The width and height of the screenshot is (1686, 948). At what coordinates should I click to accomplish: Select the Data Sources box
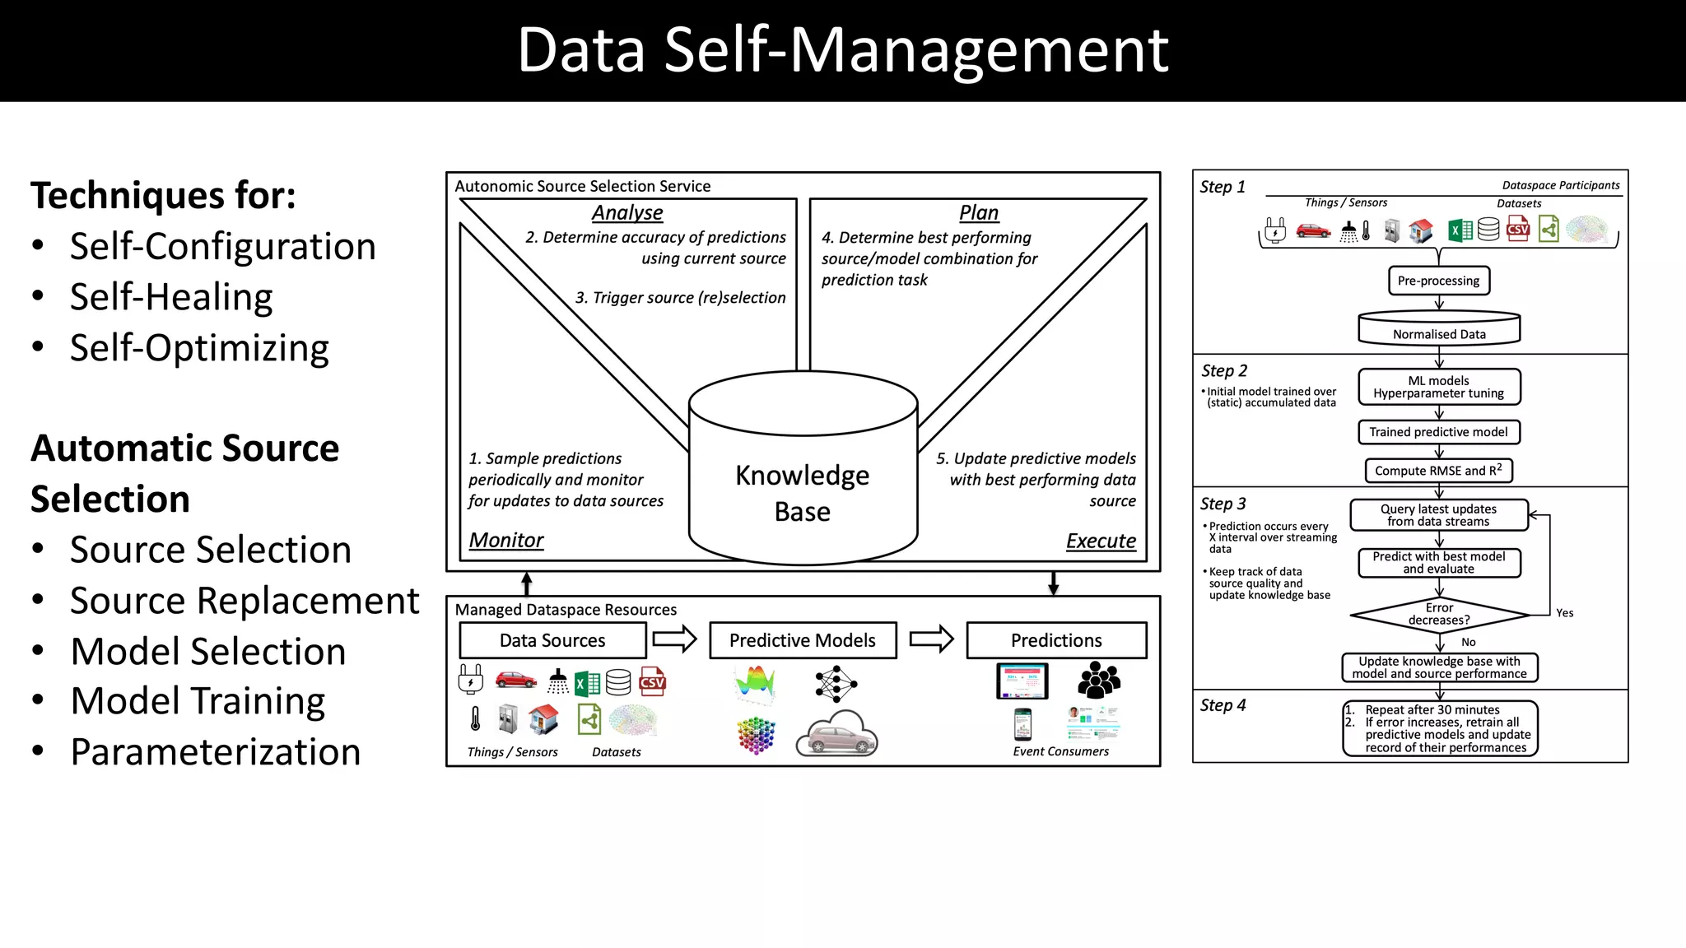point(552,640)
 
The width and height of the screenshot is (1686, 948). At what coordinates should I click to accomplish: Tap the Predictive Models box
point(803,640)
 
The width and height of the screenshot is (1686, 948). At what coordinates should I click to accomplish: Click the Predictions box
point(1056,640)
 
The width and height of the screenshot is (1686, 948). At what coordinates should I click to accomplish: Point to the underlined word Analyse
point(627,212)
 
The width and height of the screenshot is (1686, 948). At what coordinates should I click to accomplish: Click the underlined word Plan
point(979,212)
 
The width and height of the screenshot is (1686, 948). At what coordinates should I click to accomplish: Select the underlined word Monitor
point(506,540)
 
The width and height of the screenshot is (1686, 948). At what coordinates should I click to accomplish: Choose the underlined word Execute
point(1101,541)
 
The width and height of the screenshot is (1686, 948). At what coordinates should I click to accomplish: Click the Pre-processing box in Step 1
point(1438,281)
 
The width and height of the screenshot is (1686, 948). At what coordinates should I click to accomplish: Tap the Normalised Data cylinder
point(1439,329)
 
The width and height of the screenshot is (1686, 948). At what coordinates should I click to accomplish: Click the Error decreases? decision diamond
point(1439,614)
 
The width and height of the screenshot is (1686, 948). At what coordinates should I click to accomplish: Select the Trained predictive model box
point(1438,432)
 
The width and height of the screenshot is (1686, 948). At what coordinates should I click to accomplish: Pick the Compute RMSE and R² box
point(1438,471)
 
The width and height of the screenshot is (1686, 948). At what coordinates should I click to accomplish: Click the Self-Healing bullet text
point(171,297)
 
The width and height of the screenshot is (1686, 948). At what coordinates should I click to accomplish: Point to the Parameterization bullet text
point(216,751)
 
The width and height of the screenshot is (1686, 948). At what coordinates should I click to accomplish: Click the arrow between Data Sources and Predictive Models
point(674,639)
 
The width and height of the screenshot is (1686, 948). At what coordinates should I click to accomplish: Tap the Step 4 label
point(1223,705)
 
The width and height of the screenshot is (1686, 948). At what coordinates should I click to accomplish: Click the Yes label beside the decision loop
point(1564,613)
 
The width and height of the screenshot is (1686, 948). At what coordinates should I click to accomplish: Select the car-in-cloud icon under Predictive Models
point(837,734)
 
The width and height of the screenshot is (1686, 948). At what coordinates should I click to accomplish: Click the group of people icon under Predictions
point(1099,681)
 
